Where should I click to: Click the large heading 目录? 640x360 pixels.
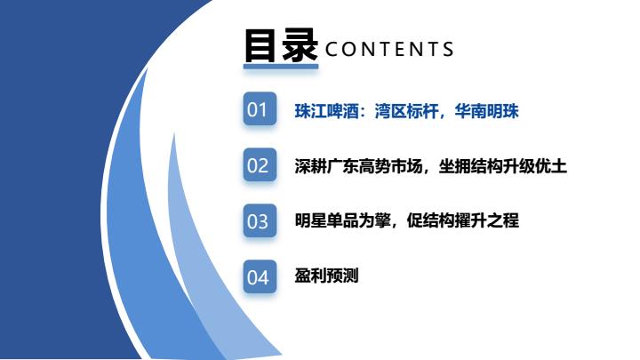coord(281,46)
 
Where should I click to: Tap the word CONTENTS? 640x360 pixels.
coord(389,50)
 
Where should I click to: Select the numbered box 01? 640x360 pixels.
coord(260,108)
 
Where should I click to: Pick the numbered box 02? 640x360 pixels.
coord(260,164)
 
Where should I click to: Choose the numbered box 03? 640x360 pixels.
coord(260,220)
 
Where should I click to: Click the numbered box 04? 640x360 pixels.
coord(260,276)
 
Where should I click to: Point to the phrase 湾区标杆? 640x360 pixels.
coord(406,111)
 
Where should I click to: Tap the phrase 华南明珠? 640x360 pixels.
coord(486,111)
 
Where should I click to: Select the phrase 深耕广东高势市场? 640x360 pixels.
coord(358,166)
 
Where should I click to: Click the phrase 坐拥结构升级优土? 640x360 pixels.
coord(502,166)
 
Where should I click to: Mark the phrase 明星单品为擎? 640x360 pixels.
coord(342,220)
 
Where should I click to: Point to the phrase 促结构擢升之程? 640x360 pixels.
coord(462,220)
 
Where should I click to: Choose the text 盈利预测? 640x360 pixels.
coord(326,276)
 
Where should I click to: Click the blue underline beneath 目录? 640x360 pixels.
coord(281,66)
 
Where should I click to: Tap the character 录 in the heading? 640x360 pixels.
coord(300,46)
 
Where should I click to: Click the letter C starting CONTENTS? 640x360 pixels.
coord(332,50)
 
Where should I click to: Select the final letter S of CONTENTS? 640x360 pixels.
coord(449,50)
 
